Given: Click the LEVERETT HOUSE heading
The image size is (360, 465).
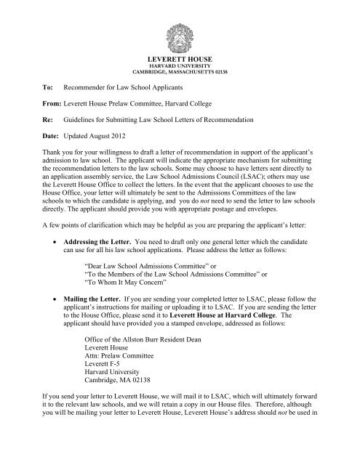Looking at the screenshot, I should click(x=180, y=57).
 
